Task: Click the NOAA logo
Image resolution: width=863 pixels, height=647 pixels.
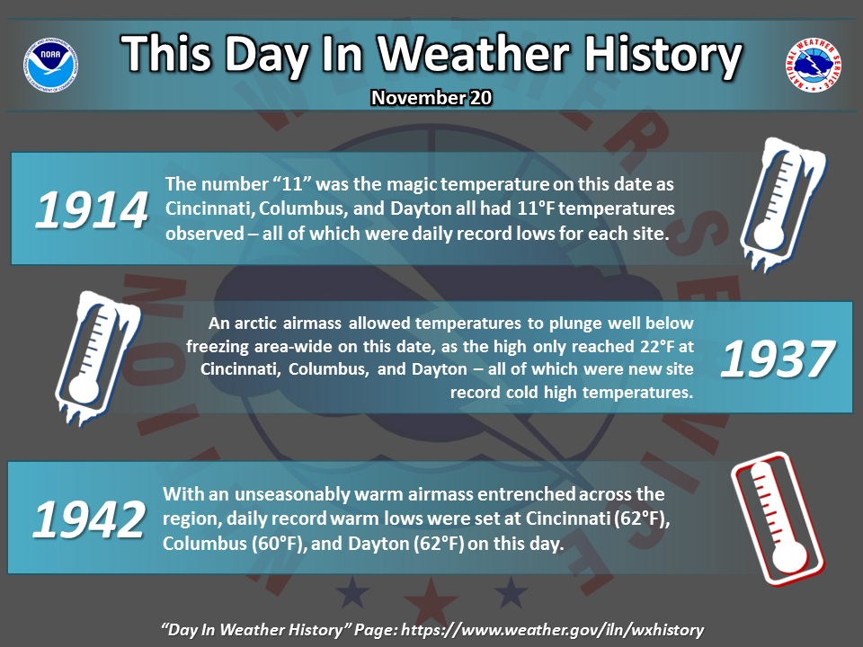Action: [x=50, y=65]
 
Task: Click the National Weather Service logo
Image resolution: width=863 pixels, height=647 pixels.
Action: [x=813, y=65]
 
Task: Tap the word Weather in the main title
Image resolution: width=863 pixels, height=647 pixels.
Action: [x=474, y=53]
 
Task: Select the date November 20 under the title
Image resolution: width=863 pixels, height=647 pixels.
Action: [x=431, y=97]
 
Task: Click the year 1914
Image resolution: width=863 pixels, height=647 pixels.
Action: [x=92, y=209]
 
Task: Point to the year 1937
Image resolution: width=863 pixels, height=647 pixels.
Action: [x=777, y=359]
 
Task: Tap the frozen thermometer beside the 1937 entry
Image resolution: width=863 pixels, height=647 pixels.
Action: [x=98, y=359]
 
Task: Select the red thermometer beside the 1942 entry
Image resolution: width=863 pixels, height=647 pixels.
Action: [x=777, y=518]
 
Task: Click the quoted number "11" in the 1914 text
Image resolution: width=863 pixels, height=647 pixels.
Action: [x=292, y=183]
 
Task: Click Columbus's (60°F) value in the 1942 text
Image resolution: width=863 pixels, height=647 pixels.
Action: [x=279, y=544]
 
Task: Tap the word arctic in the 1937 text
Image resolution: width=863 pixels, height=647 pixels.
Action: [x=260, y=323]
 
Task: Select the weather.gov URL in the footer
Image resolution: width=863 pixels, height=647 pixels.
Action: [x=552, y=629]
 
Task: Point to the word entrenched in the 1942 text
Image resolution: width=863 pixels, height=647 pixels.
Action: [x=526, y=494]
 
